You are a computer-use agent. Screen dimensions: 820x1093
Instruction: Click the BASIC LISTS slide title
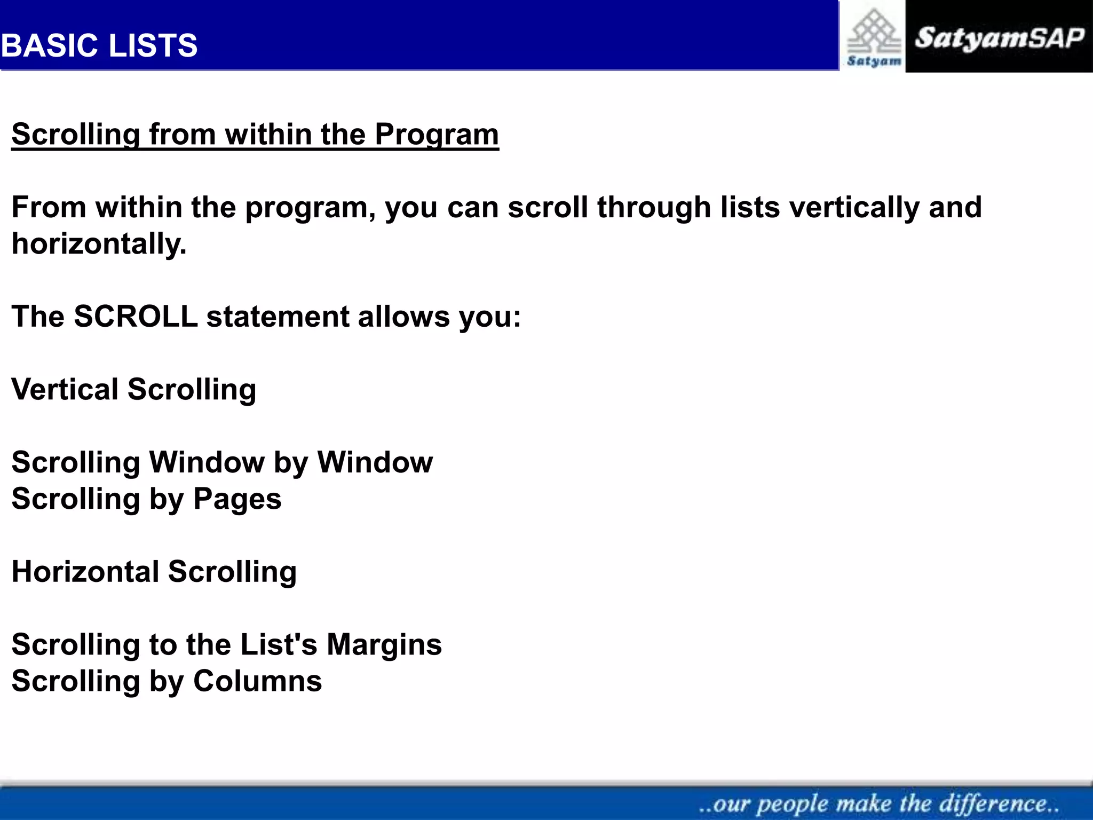click(x=99, y=45)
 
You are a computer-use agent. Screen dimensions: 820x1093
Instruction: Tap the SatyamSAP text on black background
click(x=999, y=38)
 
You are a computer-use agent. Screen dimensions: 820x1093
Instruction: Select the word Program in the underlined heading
click(x=436, y=135)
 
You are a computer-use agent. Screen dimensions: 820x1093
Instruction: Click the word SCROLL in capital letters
click(x=136, y=317)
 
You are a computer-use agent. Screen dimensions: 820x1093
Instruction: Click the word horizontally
click(x=99, y=244)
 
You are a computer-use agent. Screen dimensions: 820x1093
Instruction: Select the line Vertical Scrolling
click(x=133, y=389)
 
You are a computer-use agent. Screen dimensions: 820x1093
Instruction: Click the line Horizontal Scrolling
click(x=154, y=572)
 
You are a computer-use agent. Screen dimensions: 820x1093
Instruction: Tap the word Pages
click(x=237, y=500)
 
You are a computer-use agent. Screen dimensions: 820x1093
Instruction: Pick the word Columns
click(x=257, y=682)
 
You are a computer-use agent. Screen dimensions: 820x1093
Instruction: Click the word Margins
click(x=384, y=645)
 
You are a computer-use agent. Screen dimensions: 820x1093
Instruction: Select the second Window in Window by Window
click(x=375, y=462)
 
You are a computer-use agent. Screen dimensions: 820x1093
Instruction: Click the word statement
click(x=278, y=317)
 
